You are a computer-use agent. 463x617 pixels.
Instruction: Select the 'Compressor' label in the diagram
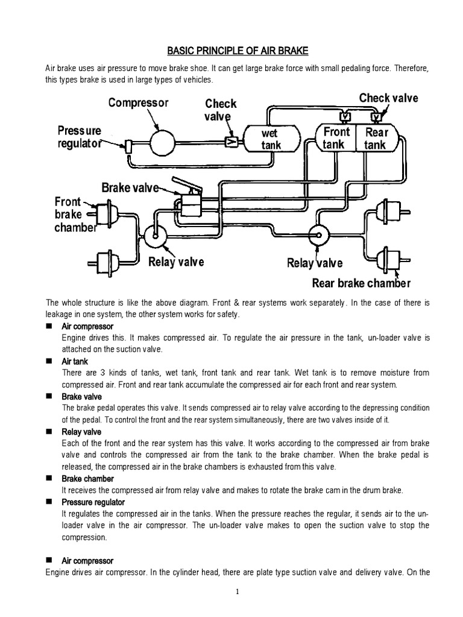tap(138, 103)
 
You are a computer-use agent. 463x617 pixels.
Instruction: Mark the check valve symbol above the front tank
tap(345, 116)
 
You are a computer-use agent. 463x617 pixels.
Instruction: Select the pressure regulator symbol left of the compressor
tap(129, 145)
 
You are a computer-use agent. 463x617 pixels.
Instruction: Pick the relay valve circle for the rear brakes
tap(317, 234)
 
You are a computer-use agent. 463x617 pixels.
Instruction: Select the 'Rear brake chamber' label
tap(361, 283)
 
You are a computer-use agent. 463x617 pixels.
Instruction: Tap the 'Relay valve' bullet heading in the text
tap(81, 432)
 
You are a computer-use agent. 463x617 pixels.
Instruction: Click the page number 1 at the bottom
tap(238, 592)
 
